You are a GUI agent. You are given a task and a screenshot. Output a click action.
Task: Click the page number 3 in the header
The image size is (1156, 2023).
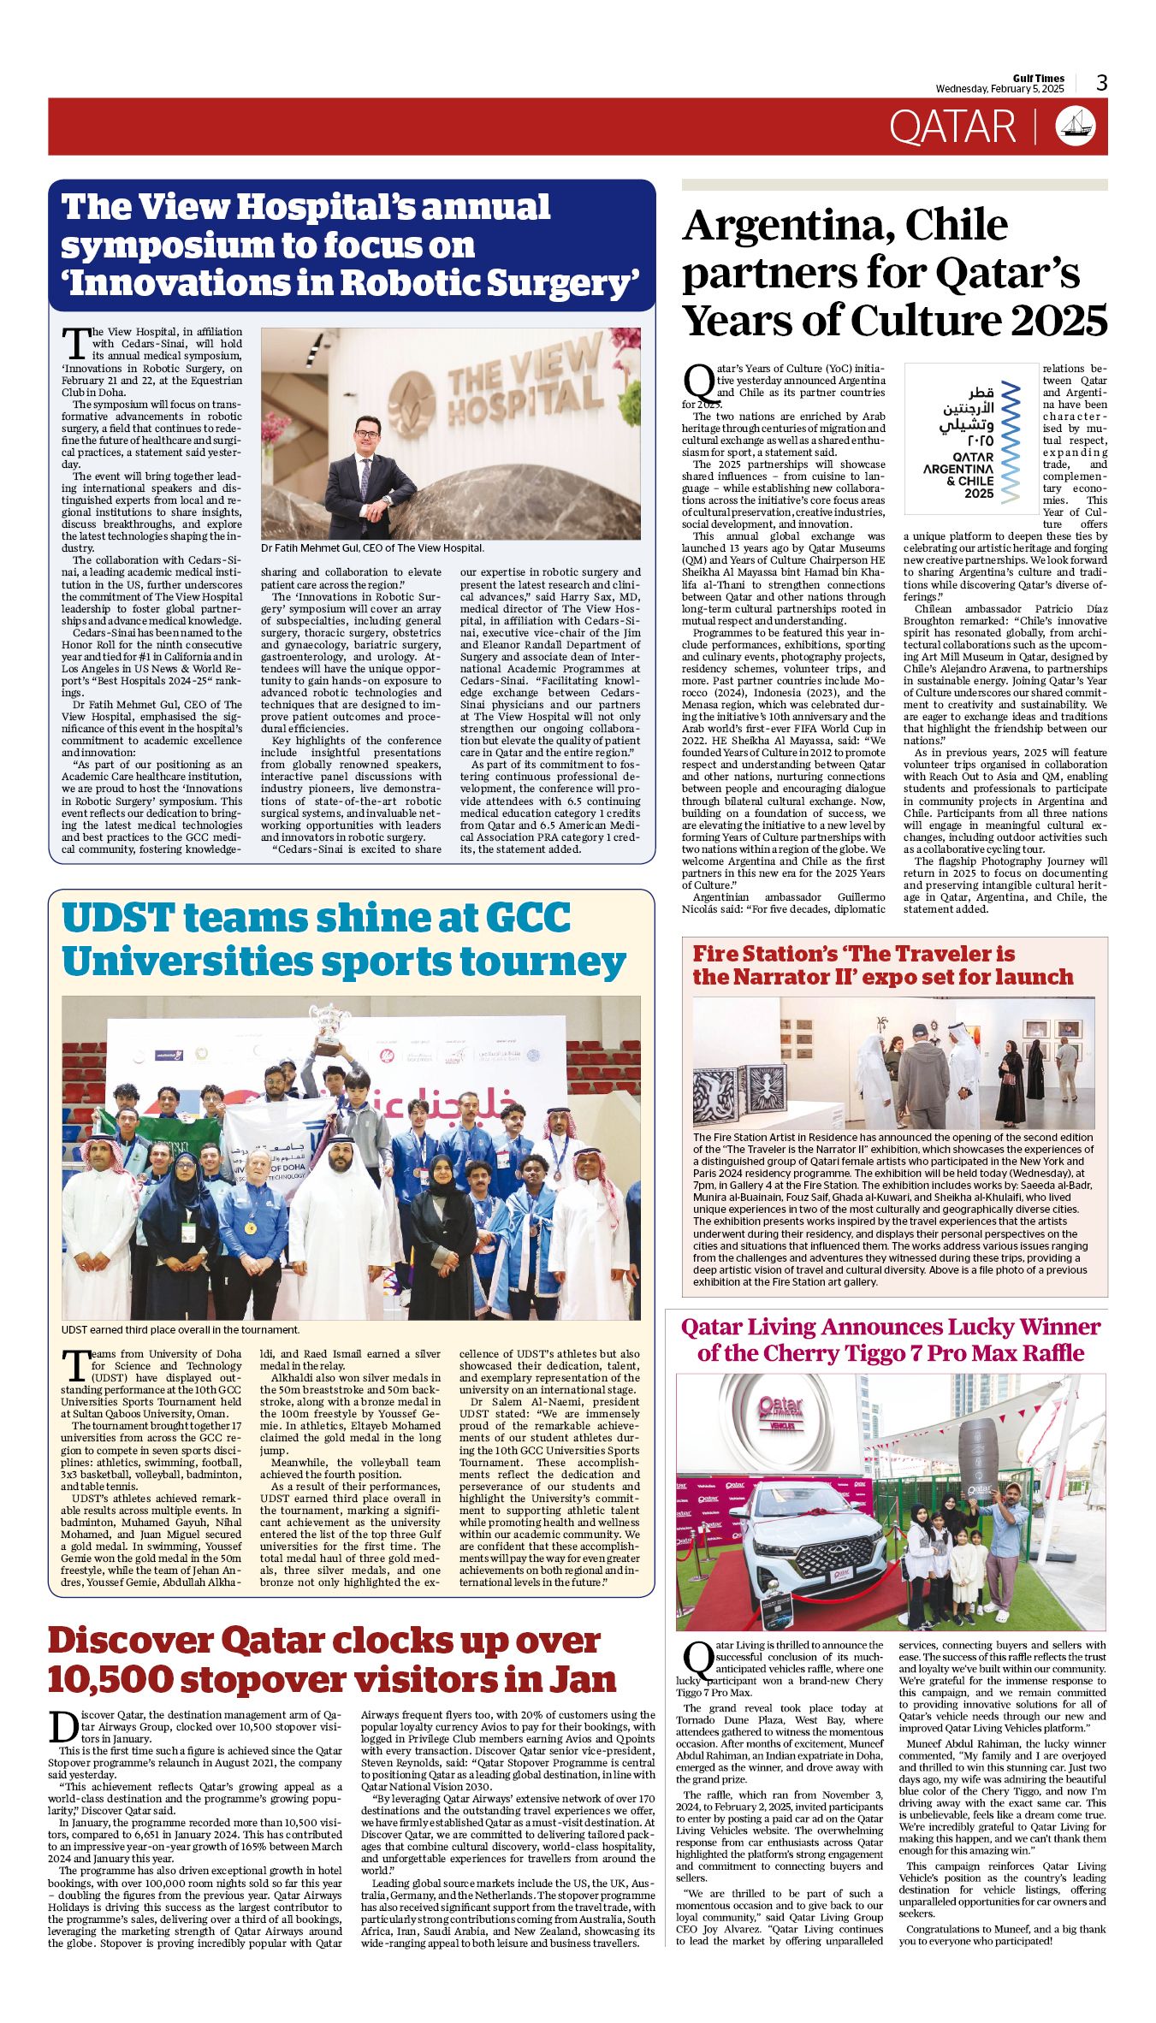[x=1101, y=82]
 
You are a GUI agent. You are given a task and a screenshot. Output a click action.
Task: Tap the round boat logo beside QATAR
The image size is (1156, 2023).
[x=1076, y=127]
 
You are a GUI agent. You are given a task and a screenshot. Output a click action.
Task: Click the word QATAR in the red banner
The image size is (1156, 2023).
[x=951, y=127]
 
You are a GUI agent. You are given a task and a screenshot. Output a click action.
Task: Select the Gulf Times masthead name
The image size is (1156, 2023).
[x=1039, y=78]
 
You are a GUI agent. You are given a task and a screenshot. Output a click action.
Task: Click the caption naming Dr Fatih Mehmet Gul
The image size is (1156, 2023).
[x=372, y=548]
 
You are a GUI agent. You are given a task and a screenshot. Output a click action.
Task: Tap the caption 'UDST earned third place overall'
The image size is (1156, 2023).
[x=181, y=1330]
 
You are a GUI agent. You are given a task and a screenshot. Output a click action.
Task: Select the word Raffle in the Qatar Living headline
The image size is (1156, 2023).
[x=1045, y=1353]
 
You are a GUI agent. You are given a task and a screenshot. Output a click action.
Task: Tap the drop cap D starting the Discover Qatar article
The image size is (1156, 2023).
[x=62, y=1727]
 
